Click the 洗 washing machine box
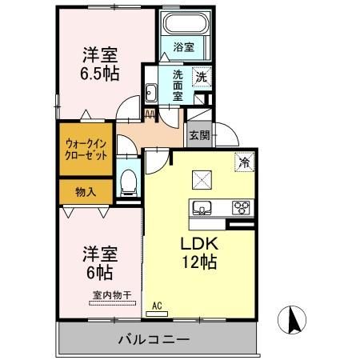202,78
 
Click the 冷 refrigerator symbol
242,162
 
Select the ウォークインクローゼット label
86,150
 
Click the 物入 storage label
86,192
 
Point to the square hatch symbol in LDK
200,178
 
